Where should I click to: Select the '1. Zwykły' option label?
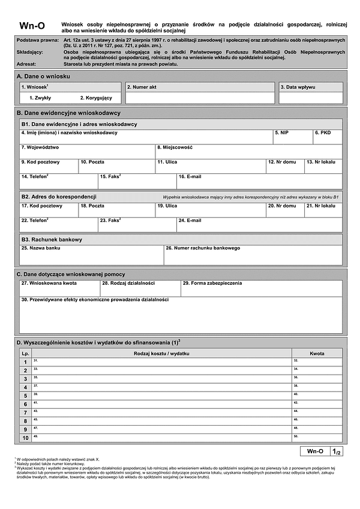pos(40,97)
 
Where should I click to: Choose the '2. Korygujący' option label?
pos(96,97)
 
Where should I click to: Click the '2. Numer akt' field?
pos(200,98)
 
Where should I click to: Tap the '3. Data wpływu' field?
pos(311,98)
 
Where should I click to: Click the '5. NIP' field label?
pos(281,132)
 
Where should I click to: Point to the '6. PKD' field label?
pos(323,132)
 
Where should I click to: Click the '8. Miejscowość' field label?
pos(175,147)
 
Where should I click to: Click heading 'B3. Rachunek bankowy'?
pos(52,239)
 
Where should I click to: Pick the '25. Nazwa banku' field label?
pos(41,248)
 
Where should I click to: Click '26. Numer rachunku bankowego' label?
pos(203,248)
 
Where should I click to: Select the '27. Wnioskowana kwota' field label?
pos(49,282)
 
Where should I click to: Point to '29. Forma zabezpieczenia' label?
pos(212,282)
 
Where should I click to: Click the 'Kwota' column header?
pos(317,354)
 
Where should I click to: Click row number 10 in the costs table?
pos(25,438)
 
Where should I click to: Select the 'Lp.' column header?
pos(25,354)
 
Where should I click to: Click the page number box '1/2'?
pos(338,451)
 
